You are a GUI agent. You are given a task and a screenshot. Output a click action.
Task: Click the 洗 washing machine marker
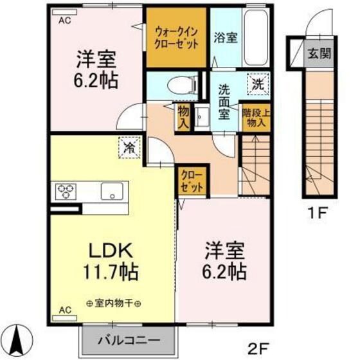point(257,83)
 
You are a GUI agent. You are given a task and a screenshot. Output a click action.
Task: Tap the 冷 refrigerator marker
point(129,147)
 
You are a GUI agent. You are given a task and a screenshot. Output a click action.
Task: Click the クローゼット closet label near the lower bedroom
point(192,181)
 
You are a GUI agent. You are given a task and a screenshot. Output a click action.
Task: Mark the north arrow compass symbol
point(17,339)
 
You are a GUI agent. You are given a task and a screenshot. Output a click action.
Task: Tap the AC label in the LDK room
point(65,310)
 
